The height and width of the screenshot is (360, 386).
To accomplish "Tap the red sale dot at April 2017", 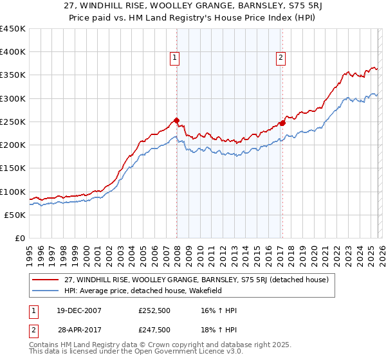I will coord(282,123).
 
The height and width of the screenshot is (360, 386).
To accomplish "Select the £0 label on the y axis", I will coord(19,238).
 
